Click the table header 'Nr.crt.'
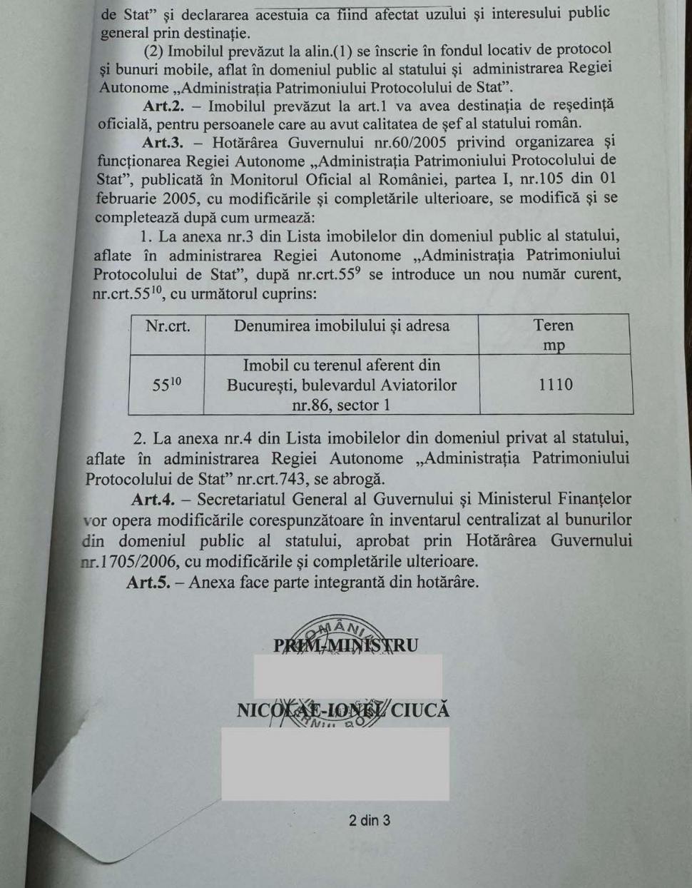pyautogui.click(x=168, y=327)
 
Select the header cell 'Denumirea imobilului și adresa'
pyautogui.click(x=342, y=326)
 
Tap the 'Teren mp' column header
pyautogui.click(x=554, y=335)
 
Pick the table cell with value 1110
pyautogui.click(x=556, y=385)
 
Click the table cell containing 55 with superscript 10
pyautogui.click(x=167, y=385)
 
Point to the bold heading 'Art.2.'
pyautogui.click(x=164, y=106)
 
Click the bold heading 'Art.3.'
pyautogui.click(x=162, y=142)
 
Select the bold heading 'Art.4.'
pyautogui.click(x=153, y=499)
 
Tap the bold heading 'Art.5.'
pyautogui.click(x=148, y=582)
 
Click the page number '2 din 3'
pyautogui.click(x=370, y=820)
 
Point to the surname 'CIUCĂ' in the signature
pyautogui.click(x=420, y=710)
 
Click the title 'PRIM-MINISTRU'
pyautogui.click(x=346, y=645)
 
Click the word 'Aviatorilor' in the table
pyautogui.click(x=414, y=385)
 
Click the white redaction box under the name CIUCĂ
pyautogui.click(x=335, y=763)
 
